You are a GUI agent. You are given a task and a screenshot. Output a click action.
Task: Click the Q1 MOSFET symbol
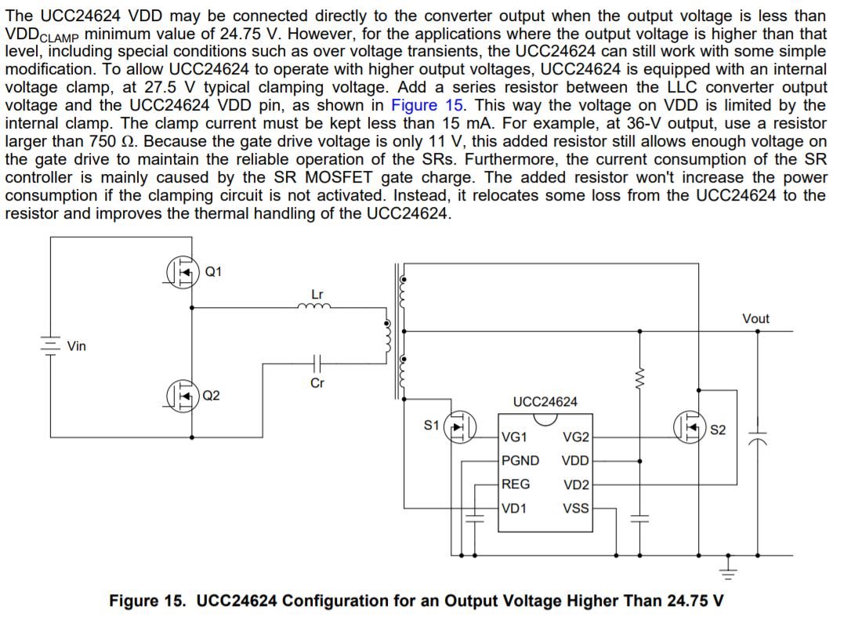[x=183, y=272]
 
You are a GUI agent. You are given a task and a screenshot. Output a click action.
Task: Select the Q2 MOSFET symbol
[x=183, y=394]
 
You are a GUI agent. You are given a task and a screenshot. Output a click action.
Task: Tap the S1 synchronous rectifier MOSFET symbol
[x=460, y=427]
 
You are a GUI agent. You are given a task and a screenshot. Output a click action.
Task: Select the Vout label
[x=755, y=318]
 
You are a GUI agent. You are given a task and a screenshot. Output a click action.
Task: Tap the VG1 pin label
[x=514, y=436]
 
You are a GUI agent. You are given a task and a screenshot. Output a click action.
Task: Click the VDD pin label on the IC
[x=576, y=461]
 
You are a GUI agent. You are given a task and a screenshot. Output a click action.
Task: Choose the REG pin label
[x=516, y=484]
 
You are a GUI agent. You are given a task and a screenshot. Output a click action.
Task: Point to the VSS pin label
[x=576, y=508]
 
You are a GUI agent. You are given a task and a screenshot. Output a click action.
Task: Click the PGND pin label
[x=520, y=460]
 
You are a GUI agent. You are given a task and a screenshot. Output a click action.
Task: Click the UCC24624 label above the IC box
[x=545, y=401]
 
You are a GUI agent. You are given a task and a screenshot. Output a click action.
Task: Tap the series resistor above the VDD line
[x=640, y=380]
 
